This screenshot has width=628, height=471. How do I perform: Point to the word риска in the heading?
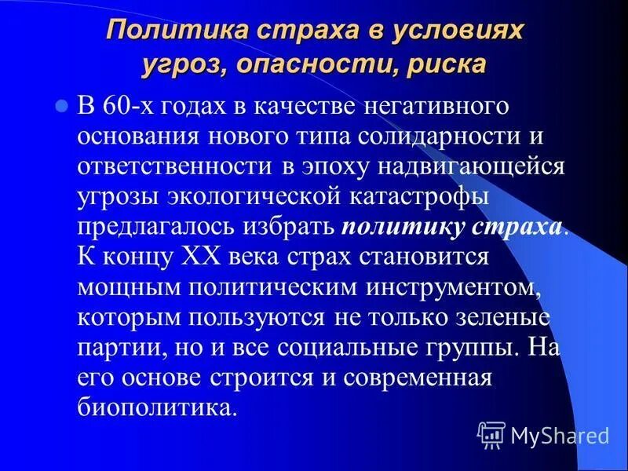tap(444, 64)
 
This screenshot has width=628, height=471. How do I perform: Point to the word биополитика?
tap(157, 408)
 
